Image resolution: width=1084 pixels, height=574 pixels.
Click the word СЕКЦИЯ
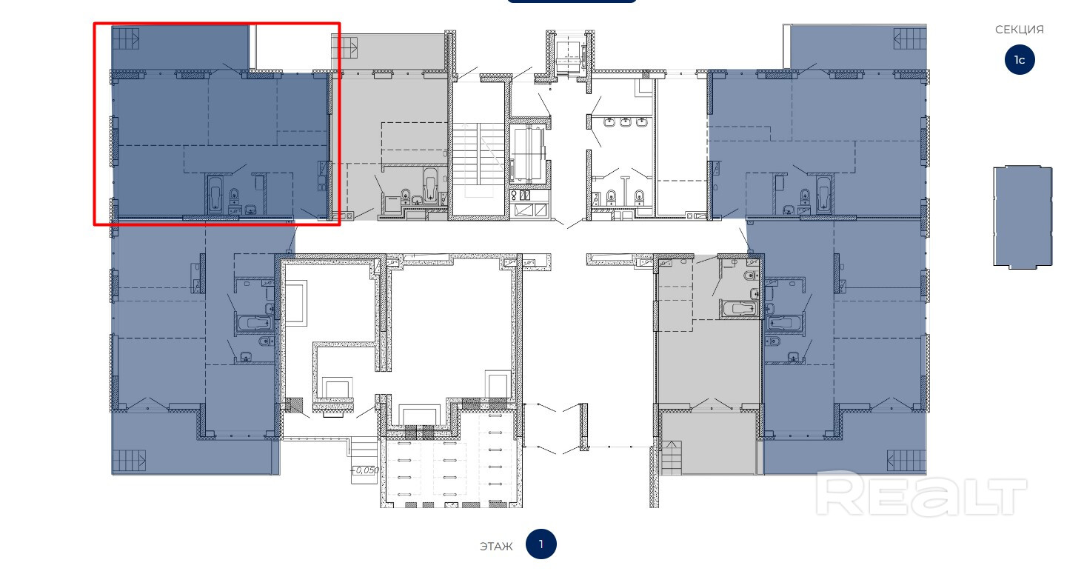tap(1019, 30)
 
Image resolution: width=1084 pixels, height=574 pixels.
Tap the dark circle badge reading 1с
tap(1020, 60)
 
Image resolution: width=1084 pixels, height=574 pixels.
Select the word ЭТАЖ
tap(496, 547)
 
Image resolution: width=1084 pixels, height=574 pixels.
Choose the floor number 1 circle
tap(541, 544)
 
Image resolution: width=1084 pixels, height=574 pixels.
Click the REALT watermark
tap(921, 494)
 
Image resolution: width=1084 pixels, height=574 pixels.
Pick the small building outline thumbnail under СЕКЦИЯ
tap(1023, 217)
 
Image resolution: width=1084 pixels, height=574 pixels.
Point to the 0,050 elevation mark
tap(367, 470)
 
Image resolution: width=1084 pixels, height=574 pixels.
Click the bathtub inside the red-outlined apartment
tap(215, 193)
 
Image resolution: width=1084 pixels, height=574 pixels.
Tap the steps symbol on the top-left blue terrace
tap(125, 38)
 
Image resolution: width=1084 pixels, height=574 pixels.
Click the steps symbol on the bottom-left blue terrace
tap(130, 460)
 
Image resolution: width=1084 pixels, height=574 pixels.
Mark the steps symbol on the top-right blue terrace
tap(910, 38)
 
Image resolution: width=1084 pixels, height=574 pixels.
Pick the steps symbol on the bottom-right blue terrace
tap(906, 460)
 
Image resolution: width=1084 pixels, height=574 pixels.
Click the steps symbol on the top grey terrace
tap(344, 46)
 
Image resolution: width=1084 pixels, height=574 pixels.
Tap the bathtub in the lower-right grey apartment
tap(739, 309)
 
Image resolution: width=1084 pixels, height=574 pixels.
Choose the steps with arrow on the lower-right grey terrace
tap(672, 458)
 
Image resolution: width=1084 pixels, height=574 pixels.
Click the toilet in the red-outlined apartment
tap(234, 195)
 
